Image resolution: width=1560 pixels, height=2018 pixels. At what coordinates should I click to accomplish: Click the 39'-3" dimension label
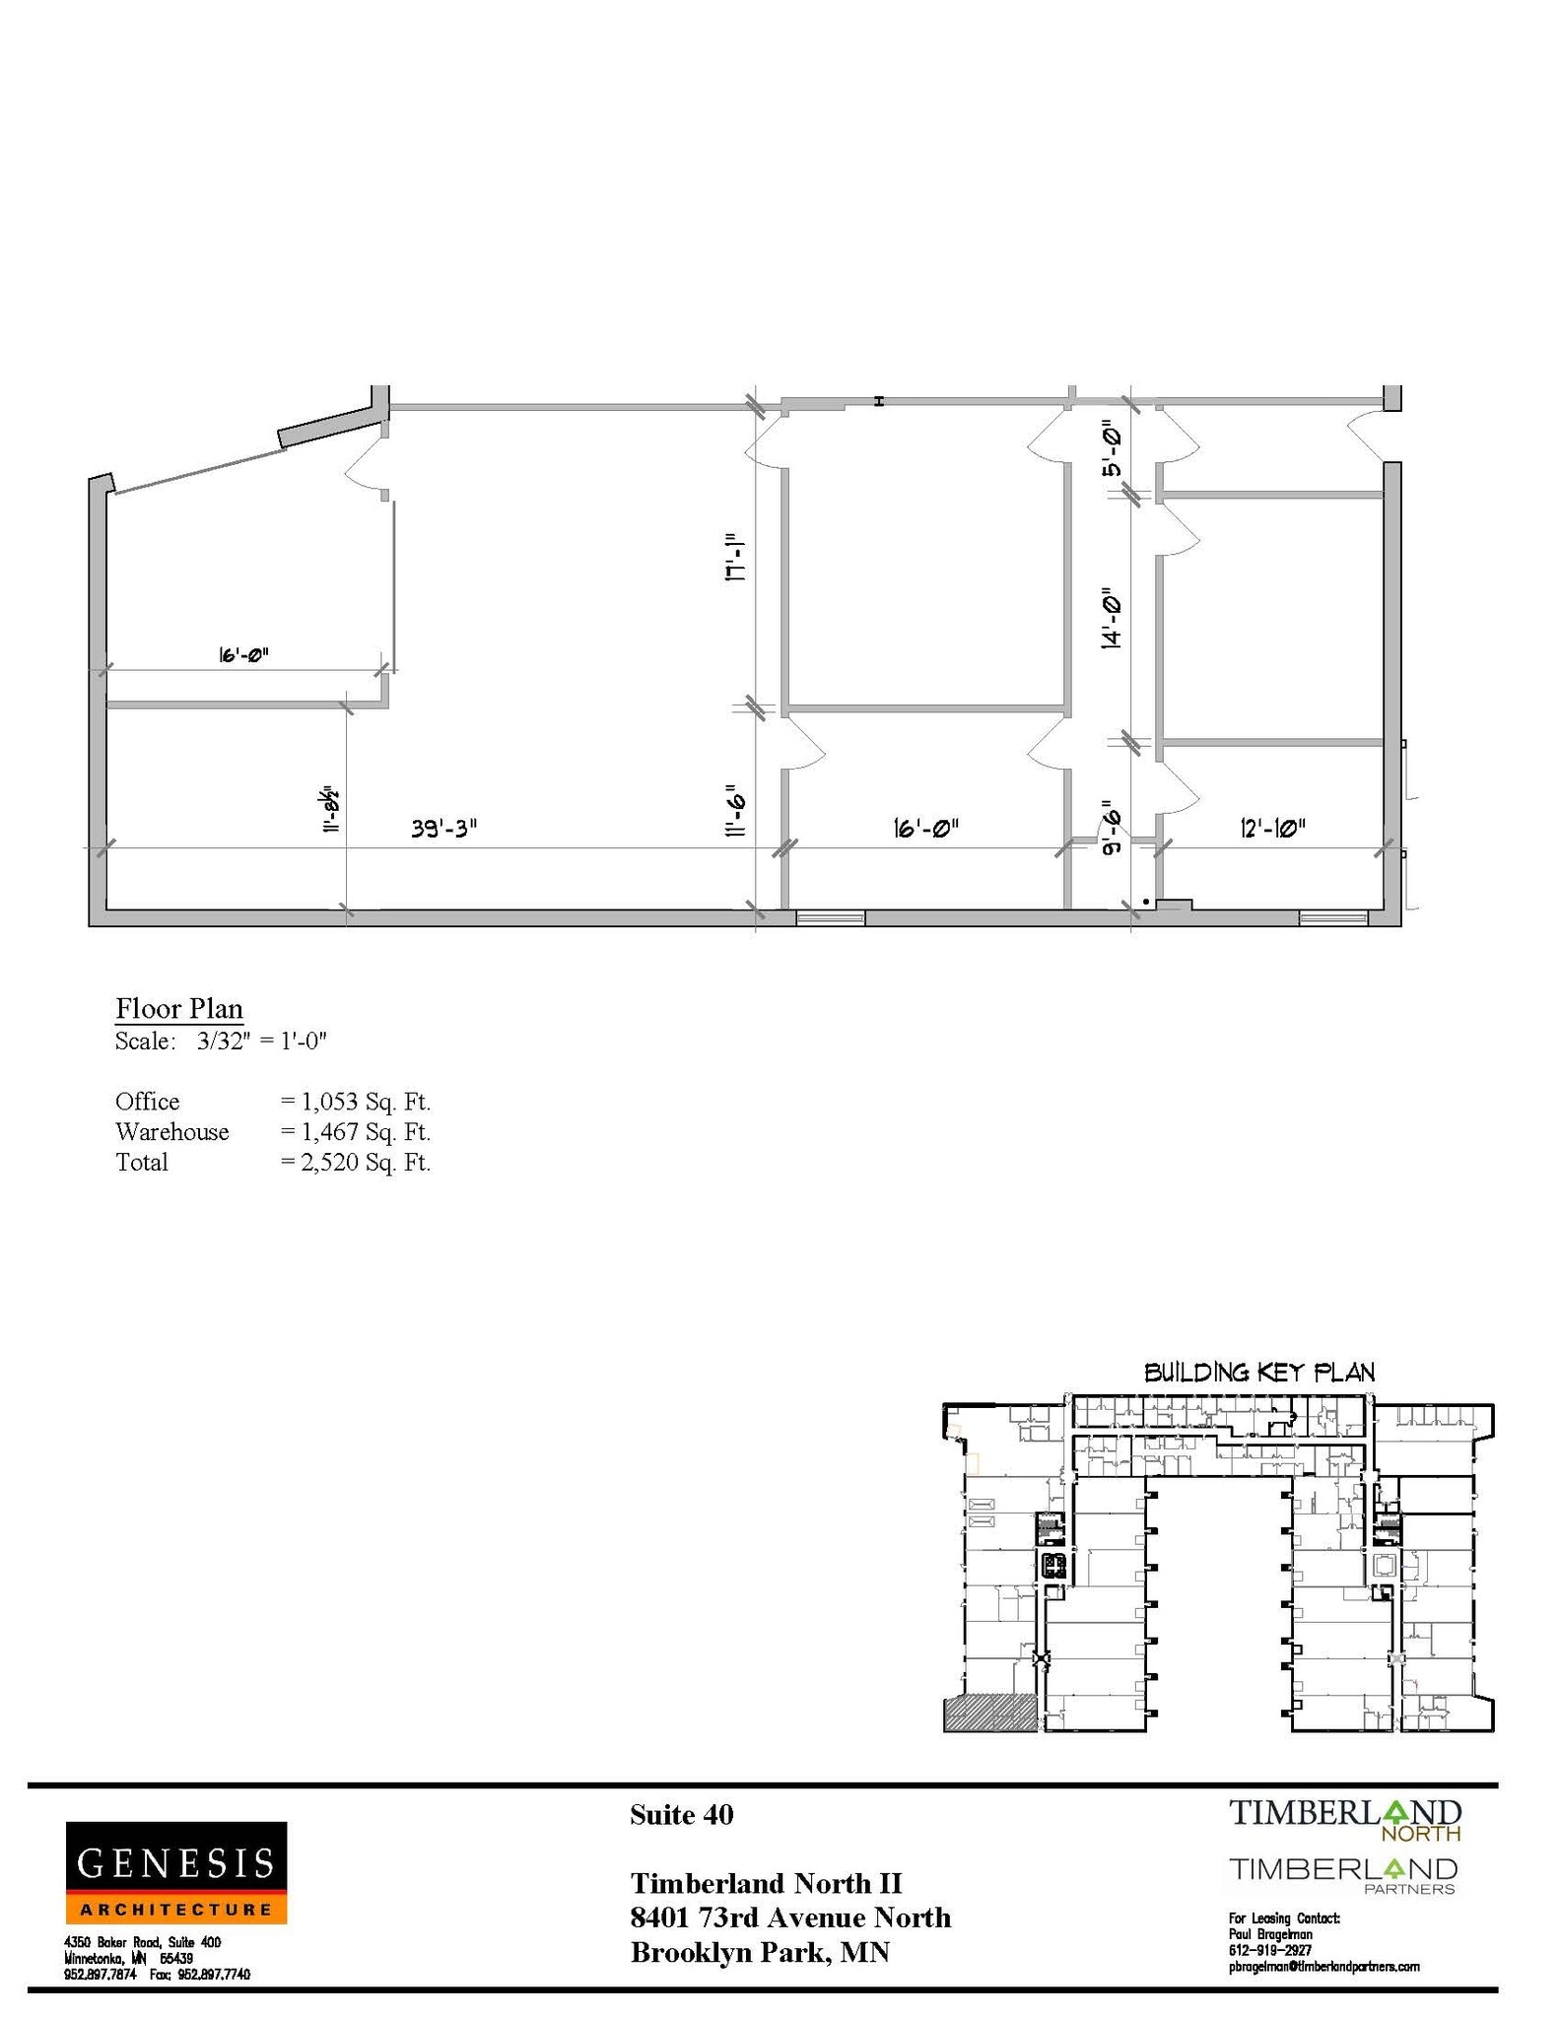click(443, 828)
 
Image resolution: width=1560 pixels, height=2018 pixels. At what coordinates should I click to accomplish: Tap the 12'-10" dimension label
click(1272, 828)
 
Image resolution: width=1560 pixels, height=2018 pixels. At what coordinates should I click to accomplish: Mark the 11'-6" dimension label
click(734, 810)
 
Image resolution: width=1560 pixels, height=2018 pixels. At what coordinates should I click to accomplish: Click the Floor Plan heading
click(179, 1008)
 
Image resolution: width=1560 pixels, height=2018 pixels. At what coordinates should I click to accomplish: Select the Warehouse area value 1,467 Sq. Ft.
click(356, 1131)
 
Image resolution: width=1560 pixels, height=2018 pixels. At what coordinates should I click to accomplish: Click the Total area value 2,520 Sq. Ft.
click(356, 1162)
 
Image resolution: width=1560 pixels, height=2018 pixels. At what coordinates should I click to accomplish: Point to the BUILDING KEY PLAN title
click(1258, 1372)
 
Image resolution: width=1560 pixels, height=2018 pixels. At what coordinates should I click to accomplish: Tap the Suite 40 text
click(681, 1815)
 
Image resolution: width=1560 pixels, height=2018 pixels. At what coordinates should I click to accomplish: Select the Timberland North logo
click(1344, 1819)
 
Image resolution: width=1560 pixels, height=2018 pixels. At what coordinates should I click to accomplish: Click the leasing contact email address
click(1323, 1966)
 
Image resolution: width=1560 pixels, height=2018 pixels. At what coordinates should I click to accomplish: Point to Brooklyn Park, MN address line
click(760, 1952)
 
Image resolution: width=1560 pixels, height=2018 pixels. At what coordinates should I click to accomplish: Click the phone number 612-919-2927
click(1269, 1950)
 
